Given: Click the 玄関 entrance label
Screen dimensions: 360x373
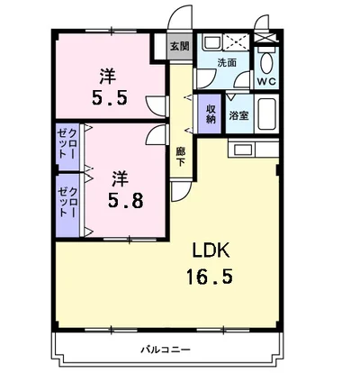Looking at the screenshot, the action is [180, 46].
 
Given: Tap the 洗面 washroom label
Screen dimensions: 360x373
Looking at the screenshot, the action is [227, 63].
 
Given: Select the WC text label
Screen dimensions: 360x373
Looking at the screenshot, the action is [266, 81].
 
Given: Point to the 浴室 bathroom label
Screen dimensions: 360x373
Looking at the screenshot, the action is [238, 115].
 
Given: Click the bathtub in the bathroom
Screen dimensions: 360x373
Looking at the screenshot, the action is [266, 114].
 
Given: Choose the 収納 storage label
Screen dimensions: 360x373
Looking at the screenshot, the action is [211, 114].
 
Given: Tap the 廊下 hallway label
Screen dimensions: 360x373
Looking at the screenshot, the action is [180, 157].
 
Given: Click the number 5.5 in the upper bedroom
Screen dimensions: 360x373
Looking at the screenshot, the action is [110, 98].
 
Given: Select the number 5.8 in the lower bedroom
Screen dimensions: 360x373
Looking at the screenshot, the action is [125, 201].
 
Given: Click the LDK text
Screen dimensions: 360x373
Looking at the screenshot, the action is [211, 250].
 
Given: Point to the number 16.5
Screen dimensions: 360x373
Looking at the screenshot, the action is [210, 277].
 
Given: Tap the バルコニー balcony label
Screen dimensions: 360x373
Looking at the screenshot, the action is [166, 350].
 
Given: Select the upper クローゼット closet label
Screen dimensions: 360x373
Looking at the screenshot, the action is [67, 143].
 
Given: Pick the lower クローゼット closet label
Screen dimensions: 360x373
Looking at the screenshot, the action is [67, 202].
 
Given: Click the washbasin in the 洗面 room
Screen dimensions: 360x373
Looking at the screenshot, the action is [211, 42].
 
